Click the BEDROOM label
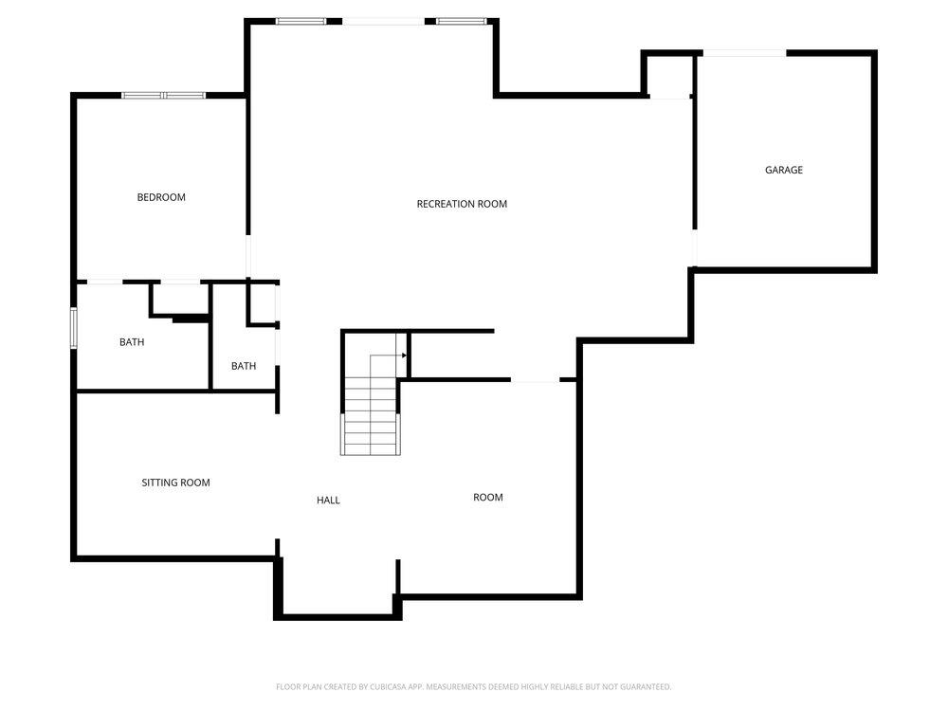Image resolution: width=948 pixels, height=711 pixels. [x=161, y=197]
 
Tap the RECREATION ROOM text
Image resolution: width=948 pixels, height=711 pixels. [x=462, y=204]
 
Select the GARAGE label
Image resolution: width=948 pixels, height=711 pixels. [x=784, y=170]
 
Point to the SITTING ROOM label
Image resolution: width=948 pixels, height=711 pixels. [x=176, y=483]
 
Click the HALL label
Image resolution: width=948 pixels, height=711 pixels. [x=328, y=500]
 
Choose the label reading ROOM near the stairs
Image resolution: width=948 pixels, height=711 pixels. [x=488, y=497]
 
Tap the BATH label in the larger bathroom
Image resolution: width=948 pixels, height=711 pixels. [x=132, y=342]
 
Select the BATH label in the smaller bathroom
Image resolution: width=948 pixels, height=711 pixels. [x=244, y=366]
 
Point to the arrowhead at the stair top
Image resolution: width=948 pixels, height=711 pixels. [x=405, y=355]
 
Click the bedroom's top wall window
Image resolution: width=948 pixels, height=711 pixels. [x=163, y=96]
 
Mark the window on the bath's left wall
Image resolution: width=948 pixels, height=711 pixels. [x=74, y=328]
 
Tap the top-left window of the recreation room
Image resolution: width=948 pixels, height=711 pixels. [x=301, y=21]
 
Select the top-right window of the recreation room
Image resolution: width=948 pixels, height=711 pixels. [x=462, y=21]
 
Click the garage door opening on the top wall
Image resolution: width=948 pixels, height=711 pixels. [x=744, y=53]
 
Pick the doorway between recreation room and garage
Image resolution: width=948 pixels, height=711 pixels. [x=695, y=247]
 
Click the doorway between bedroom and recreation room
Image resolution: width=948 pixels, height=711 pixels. [x=247, y=256]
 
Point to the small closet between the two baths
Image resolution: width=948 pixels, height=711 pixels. [x=180, y=299]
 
